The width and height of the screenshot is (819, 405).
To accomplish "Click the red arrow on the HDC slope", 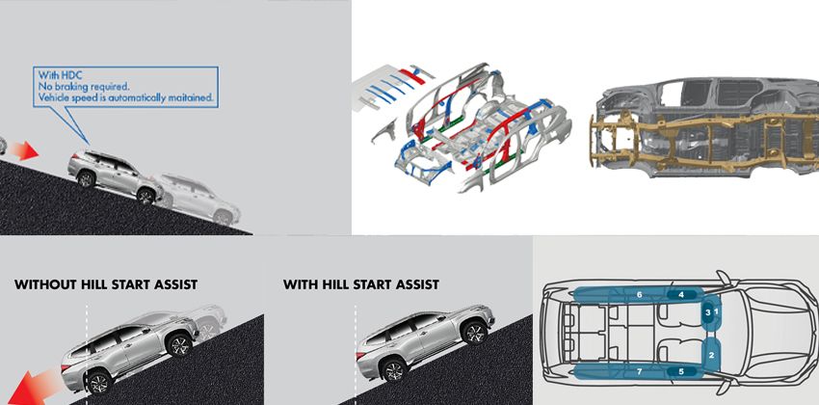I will tap(26, 149).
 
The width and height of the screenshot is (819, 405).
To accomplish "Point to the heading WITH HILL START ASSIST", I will tap(361, 284).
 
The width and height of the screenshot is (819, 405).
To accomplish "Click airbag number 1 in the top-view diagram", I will tap(715, 311).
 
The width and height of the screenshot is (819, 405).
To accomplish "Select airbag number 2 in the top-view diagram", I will tap(711, 354).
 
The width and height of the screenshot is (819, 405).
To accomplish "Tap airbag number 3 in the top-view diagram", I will tap(707, 312).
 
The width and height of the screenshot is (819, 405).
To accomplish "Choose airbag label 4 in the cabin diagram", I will tap(680, 294).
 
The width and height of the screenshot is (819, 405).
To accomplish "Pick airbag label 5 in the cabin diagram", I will tap(680, 370).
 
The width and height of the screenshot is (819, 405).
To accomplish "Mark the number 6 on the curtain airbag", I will tap(638, 294).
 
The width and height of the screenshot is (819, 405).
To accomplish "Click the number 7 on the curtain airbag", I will tap(638, 370).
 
